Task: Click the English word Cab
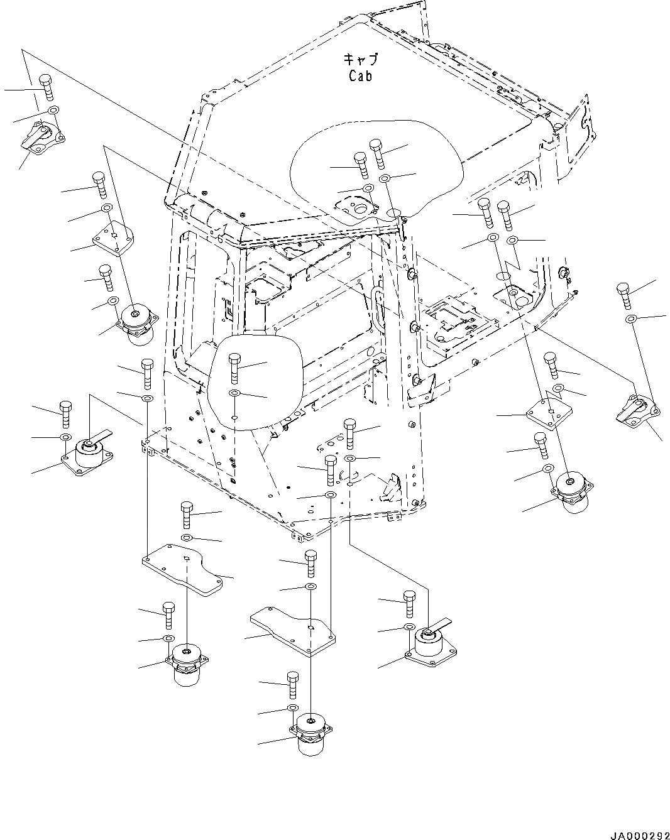[361, 76]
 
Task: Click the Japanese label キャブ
[361, 60]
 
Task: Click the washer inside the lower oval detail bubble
[234, 393]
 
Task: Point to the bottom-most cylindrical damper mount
[309, 733]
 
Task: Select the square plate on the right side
[549, 412]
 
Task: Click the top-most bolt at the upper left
[47, 87]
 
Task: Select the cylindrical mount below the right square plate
[571, 491]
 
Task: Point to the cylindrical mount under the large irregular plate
[186, 663]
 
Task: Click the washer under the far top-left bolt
[53, 111]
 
